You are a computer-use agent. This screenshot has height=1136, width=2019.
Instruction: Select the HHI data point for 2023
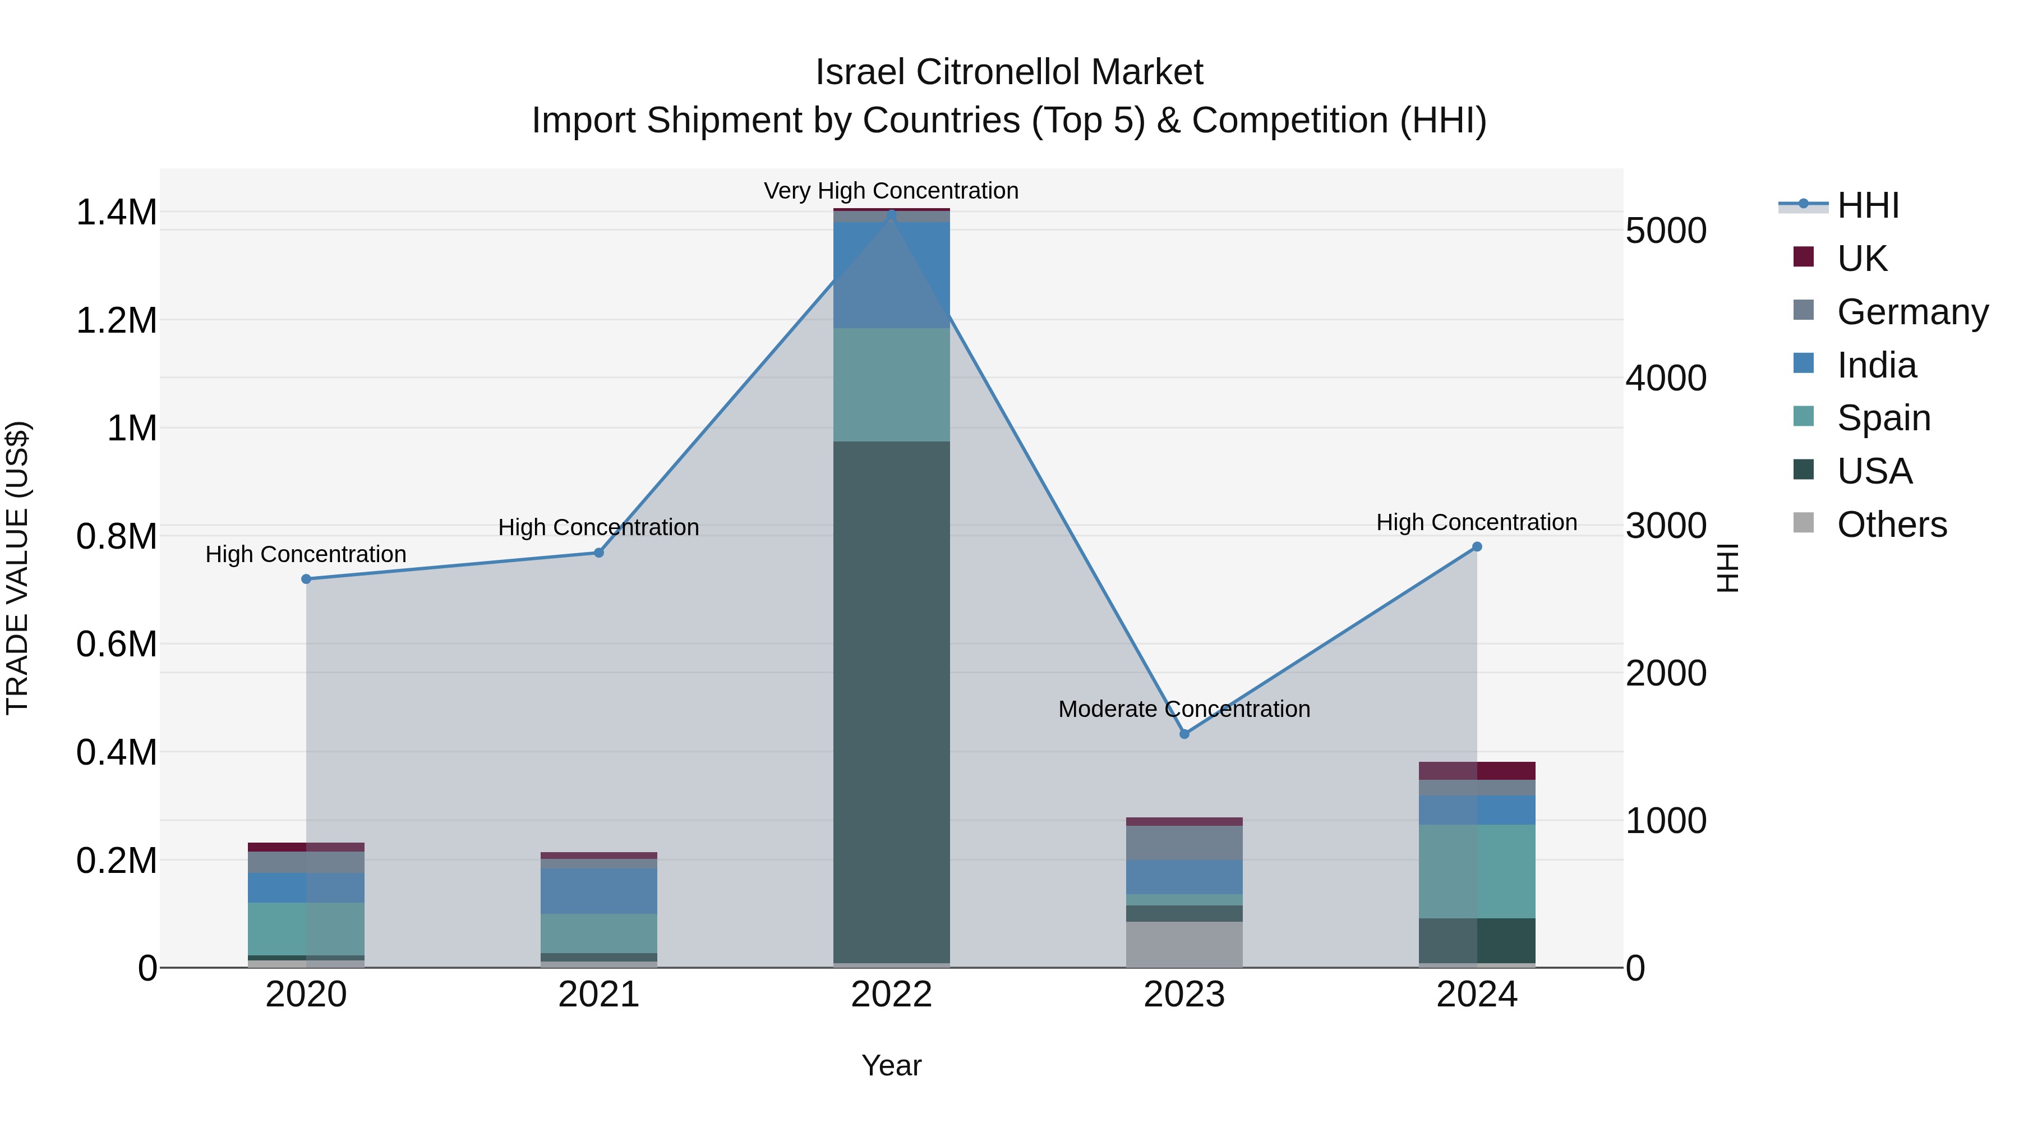click(1184, 734)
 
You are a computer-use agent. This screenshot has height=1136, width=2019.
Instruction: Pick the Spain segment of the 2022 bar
click(891, 384)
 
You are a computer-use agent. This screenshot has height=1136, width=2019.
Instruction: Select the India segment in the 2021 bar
click(599, 891)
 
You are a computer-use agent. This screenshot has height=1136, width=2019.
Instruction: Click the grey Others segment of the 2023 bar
click(1184, 944)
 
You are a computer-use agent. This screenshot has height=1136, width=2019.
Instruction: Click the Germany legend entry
click(1912, 312)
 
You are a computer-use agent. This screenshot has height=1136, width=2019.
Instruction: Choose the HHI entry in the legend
click(1868, 205)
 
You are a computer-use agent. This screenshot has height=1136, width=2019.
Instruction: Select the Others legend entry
click(1891, 525)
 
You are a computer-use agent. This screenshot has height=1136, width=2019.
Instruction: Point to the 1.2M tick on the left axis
click(116, 321)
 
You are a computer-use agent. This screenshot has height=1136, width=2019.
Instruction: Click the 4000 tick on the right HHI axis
click(1666, 378)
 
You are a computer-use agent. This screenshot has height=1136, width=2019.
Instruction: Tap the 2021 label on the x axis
click(599, 995)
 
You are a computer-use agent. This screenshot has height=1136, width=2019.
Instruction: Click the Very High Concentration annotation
click(891, 191)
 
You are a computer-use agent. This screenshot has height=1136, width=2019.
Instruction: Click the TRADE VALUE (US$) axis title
click(17, 568)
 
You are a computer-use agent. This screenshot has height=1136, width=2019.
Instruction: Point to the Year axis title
click(891, 1065)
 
